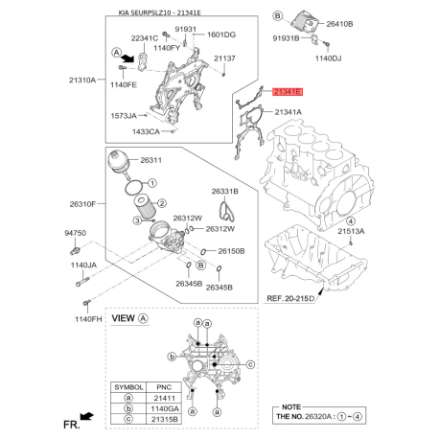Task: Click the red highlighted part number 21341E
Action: point(287,92)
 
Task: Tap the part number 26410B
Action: point(339,24)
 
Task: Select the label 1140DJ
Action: point(328,58)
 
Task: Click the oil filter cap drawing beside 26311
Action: point(119,164)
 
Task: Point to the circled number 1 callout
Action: point(152,183)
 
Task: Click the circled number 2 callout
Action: point(162,203)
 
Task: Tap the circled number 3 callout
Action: point(137,220)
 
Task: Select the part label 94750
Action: point(76,233)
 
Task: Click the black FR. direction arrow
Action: point(86,416)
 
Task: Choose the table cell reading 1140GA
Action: point(164,408)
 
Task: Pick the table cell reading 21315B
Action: point(164,419)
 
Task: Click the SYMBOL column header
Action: point(128,387)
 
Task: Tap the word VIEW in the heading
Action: point(123,318)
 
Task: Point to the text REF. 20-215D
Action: point(290,298)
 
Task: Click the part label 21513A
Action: point(351,231)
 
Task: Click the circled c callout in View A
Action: point(250,364)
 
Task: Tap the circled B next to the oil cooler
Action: point(278,15)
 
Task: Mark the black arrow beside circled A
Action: point(128,58)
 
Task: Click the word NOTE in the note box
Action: point(291,407)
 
